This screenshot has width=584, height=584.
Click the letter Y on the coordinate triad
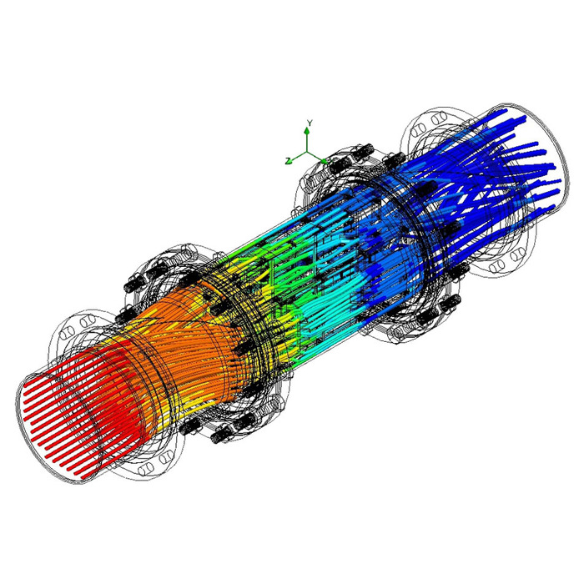(x=310, y=122)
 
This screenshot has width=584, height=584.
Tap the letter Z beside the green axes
(x=288, y=161)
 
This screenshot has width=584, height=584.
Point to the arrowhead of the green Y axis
(x=306, y=130)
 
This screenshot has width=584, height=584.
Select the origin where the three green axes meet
(x=306, y=152)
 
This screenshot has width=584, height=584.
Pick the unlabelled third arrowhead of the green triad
(x=324, y=160)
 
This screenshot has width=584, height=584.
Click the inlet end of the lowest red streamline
(x=83, y=477)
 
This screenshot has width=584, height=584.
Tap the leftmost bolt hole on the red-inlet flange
(x=63, y=334)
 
